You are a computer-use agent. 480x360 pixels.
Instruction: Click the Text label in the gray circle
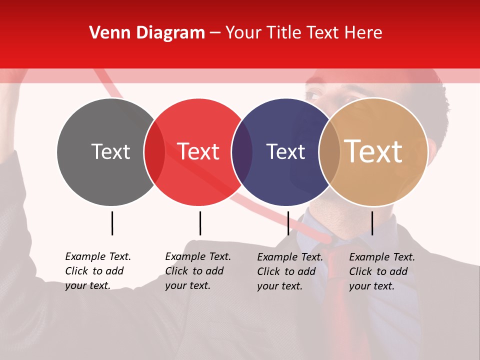pyautogui.click(x=110, y=151)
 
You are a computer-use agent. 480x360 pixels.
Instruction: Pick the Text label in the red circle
pyautogui.click(x=198, y=151)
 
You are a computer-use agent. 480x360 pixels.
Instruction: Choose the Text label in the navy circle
pyautogui.click(x=285, y=151)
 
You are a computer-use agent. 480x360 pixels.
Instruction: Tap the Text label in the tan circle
pyautogui.click(x=373, y=151)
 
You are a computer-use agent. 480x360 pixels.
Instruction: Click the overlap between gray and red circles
pyautogui.click(x=154, y=151)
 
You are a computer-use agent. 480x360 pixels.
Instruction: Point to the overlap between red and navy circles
pyautogui.click(x=242, y=151)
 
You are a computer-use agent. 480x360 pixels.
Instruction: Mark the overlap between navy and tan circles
pyautogui.click(x=329, y=151)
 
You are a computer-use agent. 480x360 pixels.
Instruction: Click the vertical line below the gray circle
pyautogui.click(x=112, y=223)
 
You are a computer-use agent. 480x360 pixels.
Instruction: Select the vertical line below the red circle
pyautogui.click(x=200, y=223)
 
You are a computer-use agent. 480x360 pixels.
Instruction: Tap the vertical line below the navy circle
pyautogui.click(x=288, y=223)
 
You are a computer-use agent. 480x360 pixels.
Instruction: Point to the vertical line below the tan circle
pyautogui.click(x=372, y=223)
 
